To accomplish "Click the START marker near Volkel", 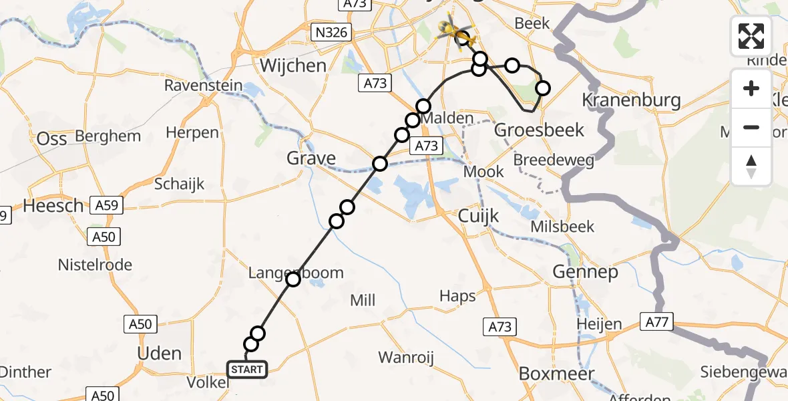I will pyautogui.click(x=247, y=369).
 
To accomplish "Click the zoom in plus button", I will pyautogui.click(x=751, y=88).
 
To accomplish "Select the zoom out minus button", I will pyautogui.click(x=751, y=127).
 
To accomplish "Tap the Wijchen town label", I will pyautogui.click(x=293, y=66).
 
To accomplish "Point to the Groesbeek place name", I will pyautogui.click(x=539, y=130).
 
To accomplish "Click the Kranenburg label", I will pyautogui.click(x=632, y=101).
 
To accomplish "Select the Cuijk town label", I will pyautogui.click(x=479, y=216).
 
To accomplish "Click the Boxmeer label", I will pyautogui.click(x=556, y=374).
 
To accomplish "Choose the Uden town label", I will pyautogui.click(x=159, y=354).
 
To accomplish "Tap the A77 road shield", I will pyautogui.click(x=656, y=322).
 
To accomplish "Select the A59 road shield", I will pyautogui.click(x=108, y=206).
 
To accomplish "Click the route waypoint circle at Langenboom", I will pyautogui.click(x=293, y=279).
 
